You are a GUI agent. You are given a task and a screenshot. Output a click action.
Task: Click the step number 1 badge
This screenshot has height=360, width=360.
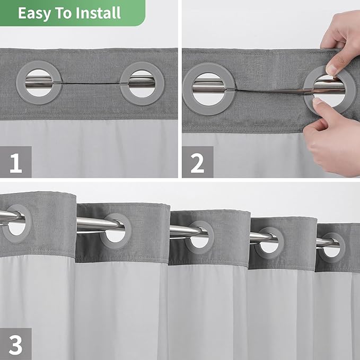(16, 162)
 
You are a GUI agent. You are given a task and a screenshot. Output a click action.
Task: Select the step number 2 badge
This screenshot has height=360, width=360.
(197, 162)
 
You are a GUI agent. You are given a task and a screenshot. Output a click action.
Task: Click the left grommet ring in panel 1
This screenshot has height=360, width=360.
(39, 83)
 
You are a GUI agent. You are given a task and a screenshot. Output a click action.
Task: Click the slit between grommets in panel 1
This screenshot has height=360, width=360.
(90, 83)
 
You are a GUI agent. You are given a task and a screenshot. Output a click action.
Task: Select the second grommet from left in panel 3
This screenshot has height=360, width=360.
(116, 231)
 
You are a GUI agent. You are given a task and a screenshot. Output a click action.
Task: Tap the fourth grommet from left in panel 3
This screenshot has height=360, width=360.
(269, 243)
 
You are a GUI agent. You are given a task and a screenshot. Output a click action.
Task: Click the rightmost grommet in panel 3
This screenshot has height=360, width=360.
(332, 247)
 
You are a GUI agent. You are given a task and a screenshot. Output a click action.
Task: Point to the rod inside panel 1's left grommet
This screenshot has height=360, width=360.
(39, 82)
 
